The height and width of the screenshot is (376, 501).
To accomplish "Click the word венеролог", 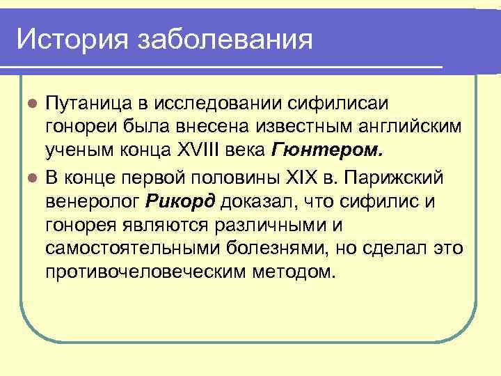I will coord(93,202).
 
